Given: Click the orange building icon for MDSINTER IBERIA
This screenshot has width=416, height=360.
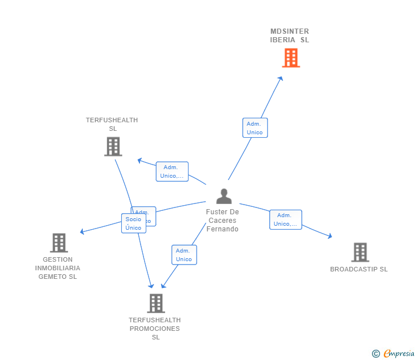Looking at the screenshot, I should coord(291,58).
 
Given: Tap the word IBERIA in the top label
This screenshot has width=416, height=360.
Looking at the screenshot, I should coord(283,40).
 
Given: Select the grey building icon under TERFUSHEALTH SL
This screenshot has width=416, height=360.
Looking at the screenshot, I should coord(113,146).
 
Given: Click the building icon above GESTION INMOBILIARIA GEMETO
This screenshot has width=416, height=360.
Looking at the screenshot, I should coord(59,243).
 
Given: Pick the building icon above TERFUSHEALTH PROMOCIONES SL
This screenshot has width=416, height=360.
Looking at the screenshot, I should coord(155,303).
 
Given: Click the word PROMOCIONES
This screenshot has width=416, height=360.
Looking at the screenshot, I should coord(155,329).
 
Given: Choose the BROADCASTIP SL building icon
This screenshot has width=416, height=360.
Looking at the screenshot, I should coord(360,252).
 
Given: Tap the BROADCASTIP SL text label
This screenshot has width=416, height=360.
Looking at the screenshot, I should coord(359,269).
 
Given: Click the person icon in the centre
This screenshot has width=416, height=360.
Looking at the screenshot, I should coord(224,196).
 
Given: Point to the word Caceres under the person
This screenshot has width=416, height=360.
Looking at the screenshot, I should coord(222,221).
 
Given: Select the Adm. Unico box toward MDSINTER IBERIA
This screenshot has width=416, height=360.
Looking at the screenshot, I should coord(255,128).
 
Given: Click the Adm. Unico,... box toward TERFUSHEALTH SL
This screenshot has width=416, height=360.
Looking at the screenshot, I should coord(172,171).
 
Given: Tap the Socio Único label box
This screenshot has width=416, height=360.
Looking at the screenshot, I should coord(134,223).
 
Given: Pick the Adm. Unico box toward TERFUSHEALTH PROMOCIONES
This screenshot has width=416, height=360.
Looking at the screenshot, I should coord(184,255).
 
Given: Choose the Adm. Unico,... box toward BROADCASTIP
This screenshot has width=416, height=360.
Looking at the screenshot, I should coord(285,219).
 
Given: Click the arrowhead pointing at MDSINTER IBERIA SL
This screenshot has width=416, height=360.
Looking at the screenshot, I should coord(281,79).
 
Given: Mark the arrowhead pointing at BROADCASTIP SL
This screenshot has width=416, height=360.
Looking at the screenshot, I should coord(330,235).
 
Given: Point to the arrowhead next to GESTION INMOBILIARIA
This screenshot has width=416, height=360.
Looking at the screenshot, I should coord(82,231).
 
